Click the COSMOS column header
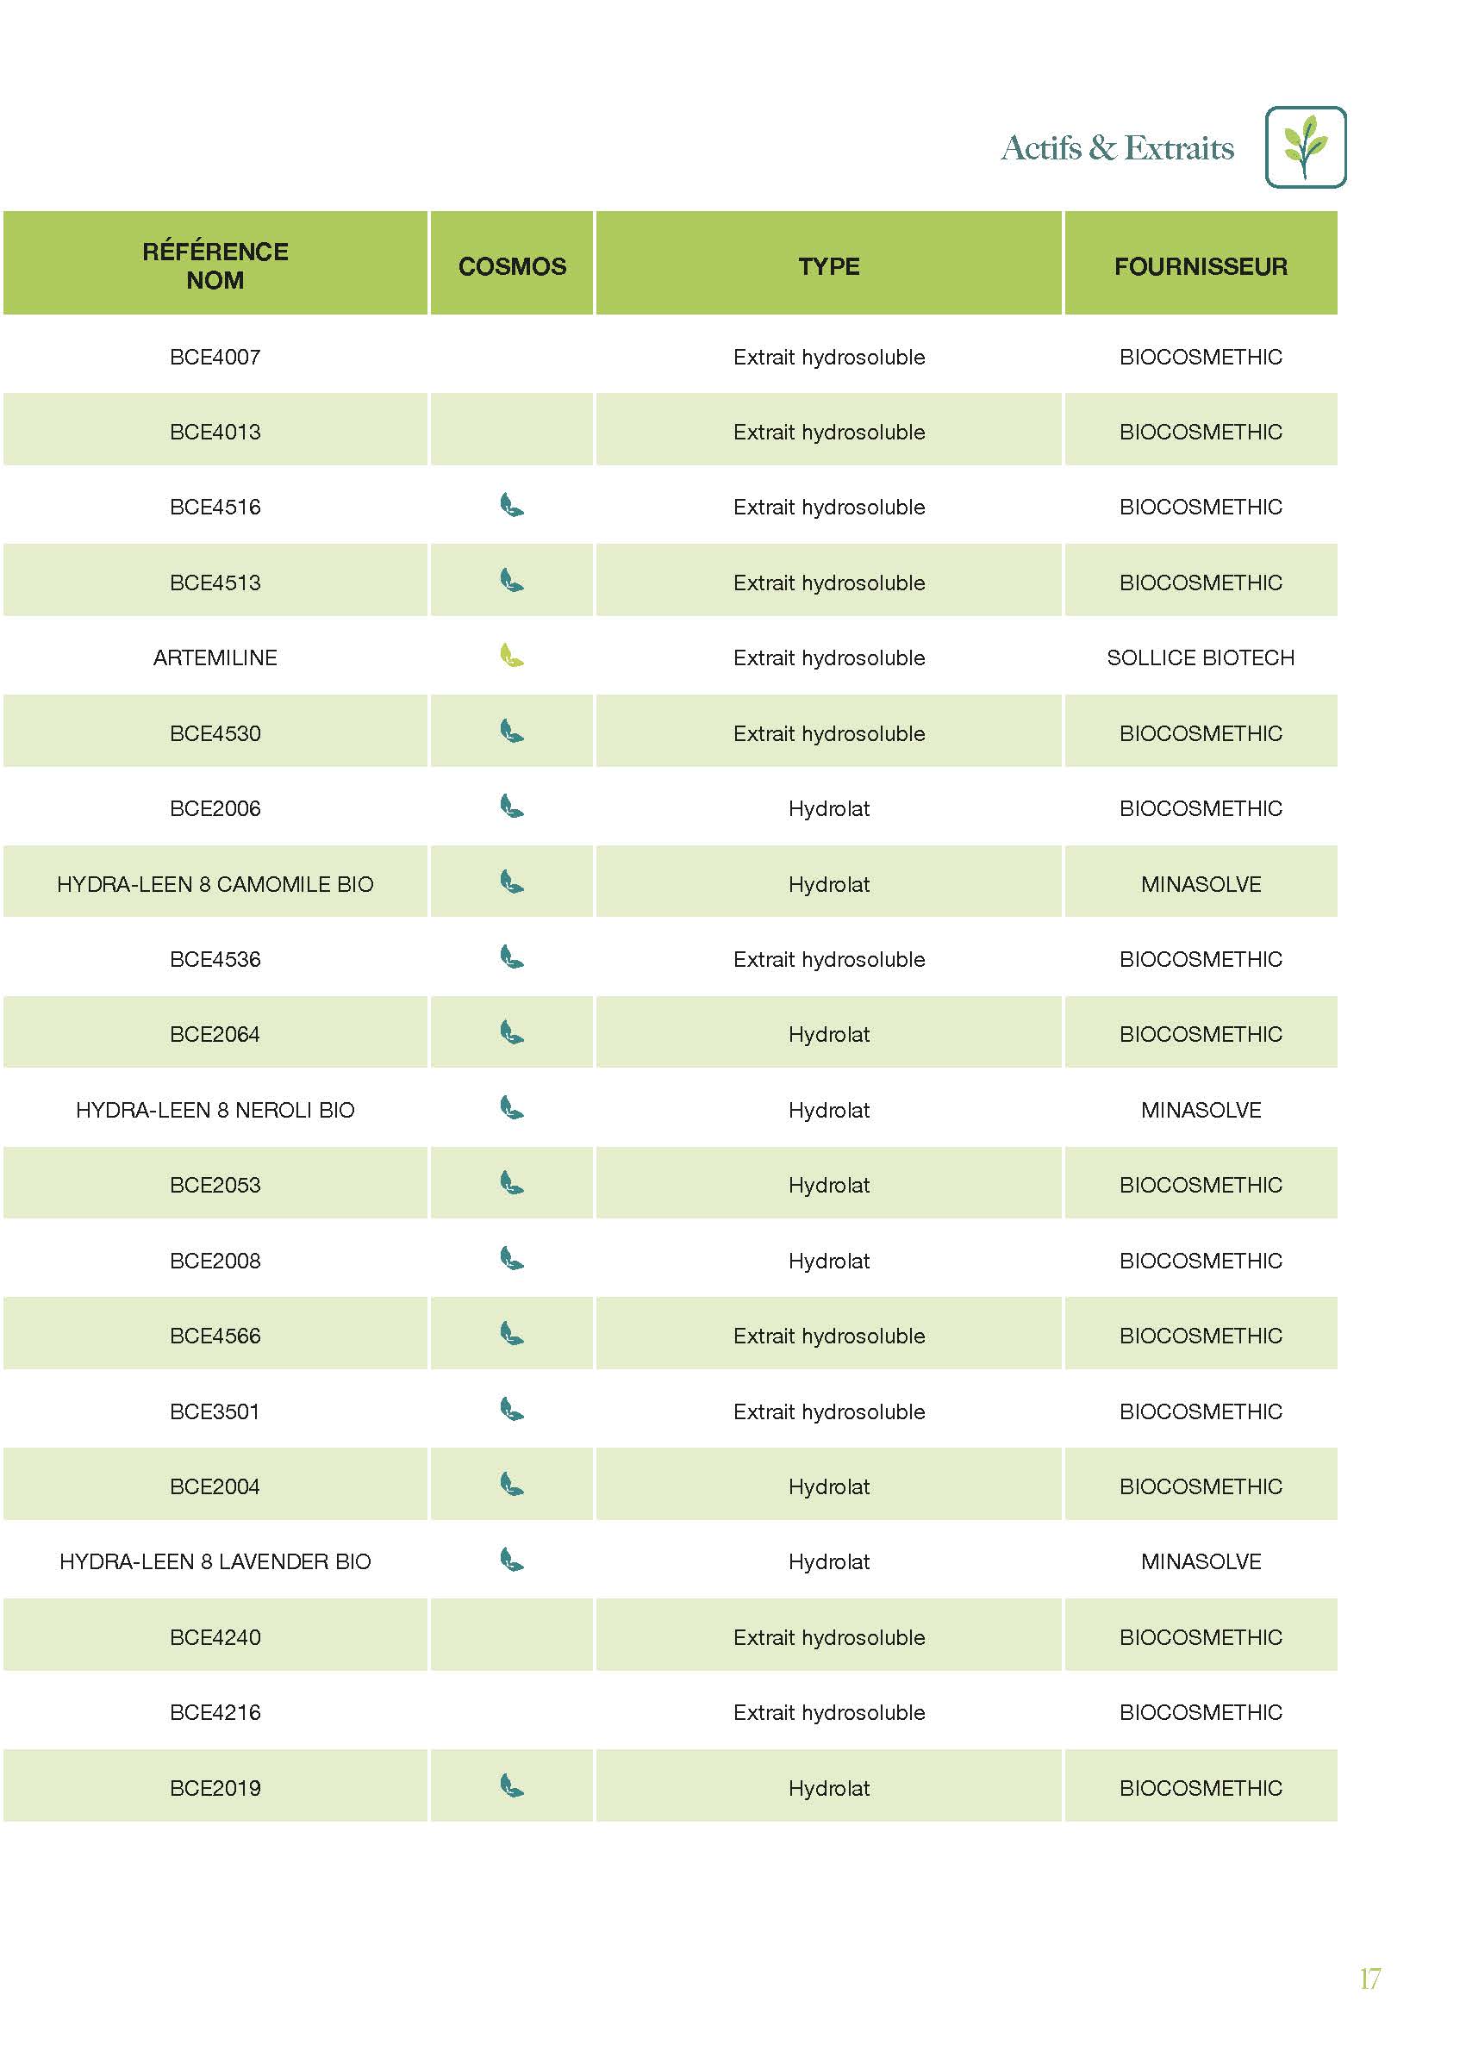(x=512, y=266)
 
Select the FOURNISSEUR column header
(x=1200, y=266)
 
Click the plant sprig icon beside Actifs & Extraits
(x=1305, y=147)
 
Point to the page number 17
(x=1369, y=1978)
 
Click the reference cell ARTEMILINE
(x=215, y=658)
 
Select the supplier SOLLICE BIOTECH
(x=1200, y=658)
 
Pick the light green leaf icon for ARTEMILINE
(x=512, y=655)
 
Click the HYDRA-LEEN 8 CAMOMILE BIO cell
(x=215, y=884)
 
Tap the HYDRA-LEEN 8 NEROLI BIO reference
(x=215, y=1110)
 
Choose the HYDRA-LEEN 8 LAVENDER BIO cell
(x=215, y=1561)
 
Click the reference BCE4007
(x=215, y=358)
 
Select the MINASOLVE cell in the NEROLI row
(x=1200, y=1110)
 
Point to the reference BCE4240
(x=215, y=1637)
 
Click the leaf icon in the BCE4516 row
(x=512, y=505)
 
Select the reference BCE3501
(x=215, y=1411)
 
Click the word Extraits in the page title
(x=1178, y=148)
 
